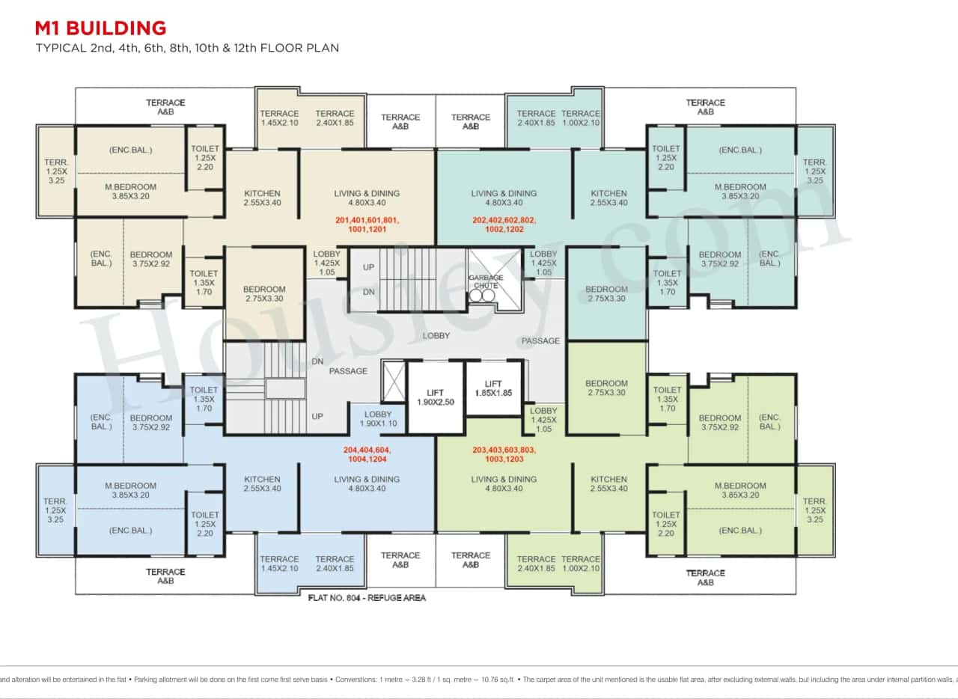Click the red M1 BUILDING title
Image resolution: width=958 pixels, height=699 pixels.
pos(100,28)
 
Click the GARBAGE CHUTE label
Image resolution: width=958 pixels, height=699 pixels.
pos(485,281)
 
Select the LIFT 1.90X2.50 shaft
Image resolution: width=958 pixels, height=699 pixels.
pos(435,397)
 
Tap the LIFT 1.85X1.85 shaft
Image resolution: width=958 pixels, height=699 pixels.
pos(493,388)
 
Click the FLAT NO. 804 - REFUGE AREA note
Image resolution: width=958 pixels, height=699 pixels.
pos(367,598)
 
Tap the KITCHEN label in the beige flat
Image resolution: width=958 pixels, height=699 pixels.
pos(262,198)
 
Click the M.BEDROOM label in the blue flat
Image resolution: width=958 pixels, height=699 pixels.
pos(130,490)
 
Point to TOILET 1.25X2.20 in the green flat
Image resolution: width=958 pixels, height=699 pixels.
pos(665,524)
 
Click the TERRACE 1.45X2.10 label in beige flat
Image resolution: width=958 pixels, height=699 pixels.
pos(279,118)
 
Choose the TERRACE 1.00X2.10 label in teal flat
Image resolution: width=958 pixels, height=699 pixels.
pos(581,118)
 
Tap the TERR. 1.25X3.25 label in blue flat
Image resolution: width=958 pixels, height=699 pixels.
pos(55,510)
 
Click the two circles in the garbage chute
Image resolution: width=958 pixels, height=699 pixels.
pos(483,296)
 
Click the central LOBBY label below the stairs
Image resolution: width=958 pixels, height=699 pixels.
pos(436,336)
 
